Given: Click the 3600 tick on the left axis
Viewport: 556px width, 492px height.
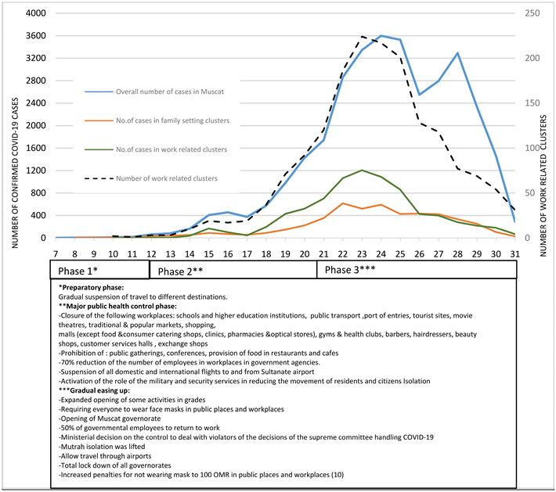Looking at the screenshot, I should [36, 36].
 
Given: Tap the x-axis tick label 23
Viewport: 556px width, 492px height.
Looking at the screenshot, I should [362, 253].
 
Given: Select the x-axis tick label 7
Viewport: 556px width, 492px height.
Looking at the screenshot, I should [56, 253].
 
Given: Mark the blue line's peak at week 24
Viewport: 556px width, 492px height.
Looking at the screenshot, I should [381, 35].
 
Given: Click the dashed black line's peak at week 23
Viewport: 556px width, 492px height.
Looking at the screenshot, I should [362, 36].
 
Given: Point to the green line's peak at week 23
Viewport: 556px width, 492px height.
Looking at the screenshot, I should [362, 170].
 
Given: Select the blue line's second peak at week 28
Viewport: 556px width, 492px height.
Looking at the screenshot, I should [457, 53].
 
